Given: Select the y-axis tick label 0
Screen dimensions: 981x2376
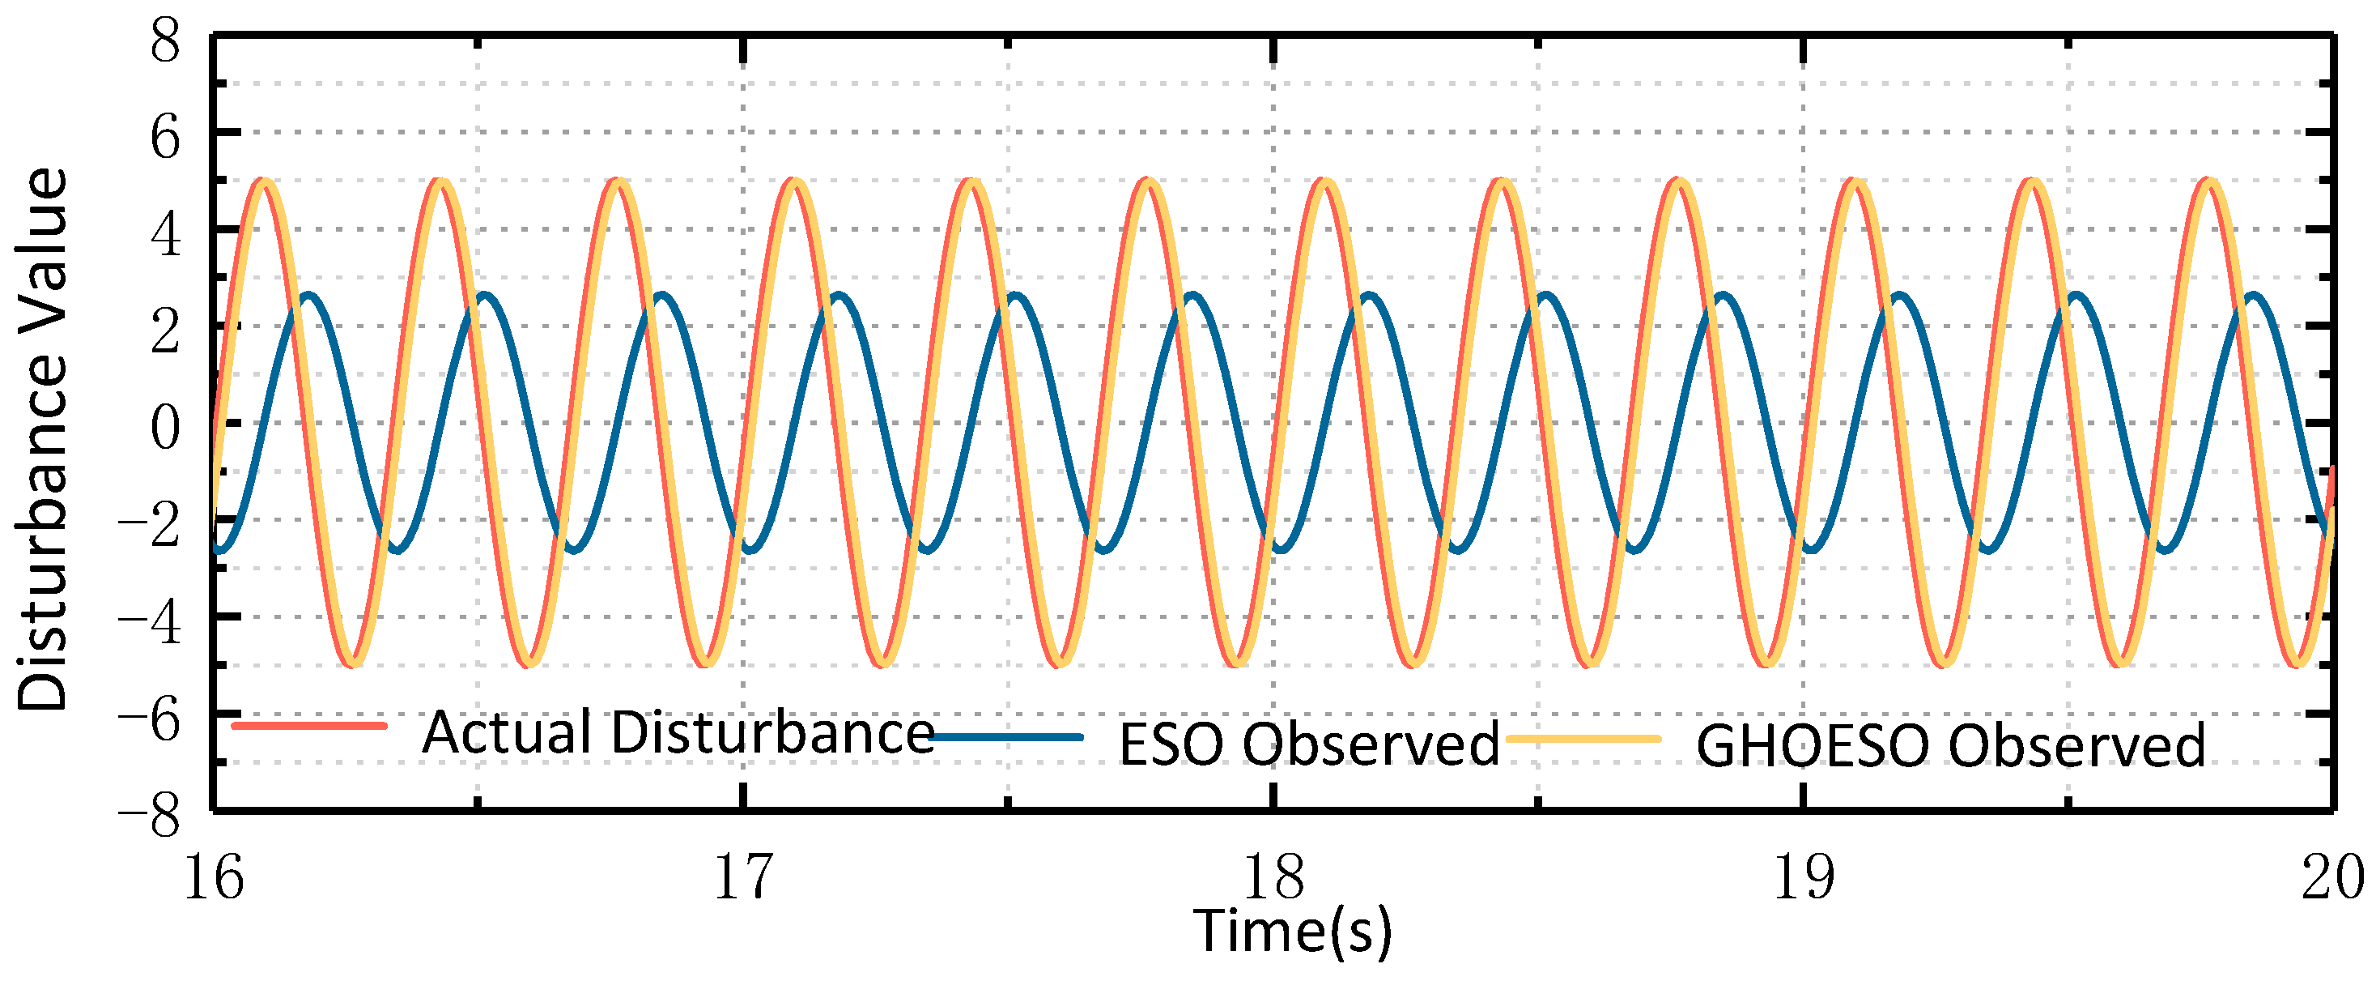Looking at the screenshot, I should point(165,429).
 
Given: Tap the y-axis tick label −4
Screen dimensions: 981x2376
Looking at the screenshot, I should point(151,624).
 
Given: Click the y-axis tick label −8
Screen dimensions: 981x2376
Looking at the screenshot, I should point(151,817).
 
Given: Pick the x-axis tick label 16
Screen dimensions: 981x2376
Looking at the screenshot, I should point(214,877).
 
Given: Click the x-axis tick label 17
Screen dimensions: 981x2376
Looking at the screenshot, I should point(743,877).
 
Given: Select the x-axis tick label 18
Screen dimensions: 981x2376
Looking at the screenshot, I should point(1273,877).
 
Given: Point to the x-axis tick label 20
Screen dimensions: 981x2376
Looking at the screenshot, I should point(2332,877).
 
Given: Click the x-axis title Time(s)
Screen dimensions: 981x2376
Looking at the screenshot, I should point(1292,932).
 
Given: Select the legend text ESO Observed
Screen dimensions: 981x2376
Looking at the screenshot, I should point(1309,744).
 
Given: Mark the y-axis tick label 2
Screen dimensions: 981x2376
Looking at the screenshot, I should point(165,333).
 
